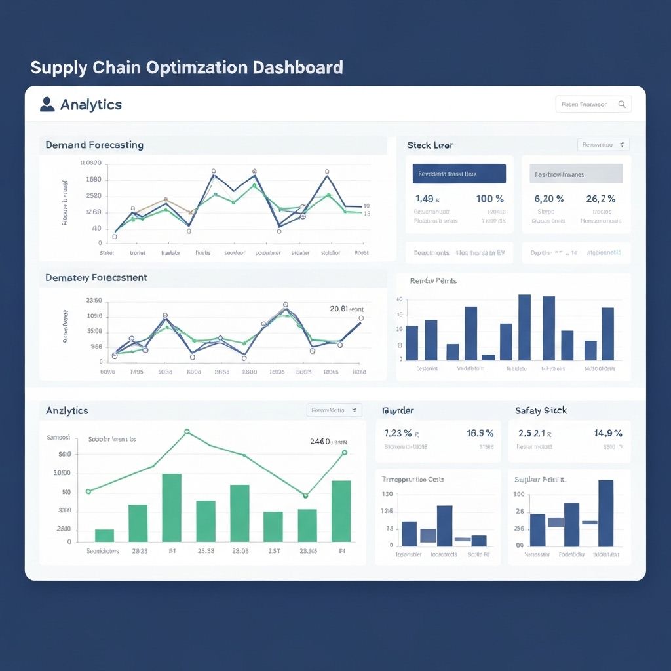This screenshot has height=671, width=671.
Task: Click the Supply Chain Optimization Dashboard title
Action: coord(187,67)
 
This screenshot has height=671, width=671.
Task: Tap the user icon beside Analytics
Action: coord(47,104)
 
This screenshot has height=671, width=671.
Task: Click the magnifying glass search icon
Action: coord(622,104)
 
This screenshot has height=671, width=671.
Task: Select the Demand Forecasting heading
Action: coord(94,145)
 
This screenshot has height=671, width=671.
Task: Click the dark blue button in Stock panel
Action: coord(459,174)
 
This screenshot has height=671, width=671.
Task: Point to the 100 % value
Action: coord(489,199)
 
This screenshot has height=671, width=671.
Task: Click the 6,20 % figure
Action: coord(549,199)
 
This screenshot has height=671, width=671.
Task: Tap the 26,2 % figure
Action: coord(600,199)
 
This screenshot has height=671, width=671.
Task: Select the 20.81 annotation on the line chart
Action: coord(346,308)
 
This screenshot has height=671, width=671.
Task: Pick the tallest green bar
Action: coord(172,507)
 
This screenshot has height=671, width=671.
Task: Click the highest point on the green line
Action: coord(187,432)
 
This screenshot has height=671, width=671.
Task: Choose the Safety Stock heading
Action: coord(541,410)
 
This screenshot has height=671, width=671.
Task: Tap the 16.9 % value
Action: coord(480,433)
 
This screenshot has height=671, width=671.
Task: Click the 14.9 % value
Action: coord(608,433)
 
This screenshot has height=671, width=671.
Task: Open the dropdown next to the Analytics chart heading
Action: coord(334,410)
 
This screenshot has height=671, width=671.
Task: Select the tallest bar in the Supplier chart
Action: coord(605,513)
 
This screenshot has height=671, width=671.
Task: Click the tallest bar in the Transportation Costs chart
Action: coord(444,526)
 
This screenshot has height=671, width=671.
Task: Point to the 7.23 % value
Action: coord(398,433)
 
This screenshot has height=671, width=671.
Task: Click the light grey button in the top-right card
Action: coord(576,174)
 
